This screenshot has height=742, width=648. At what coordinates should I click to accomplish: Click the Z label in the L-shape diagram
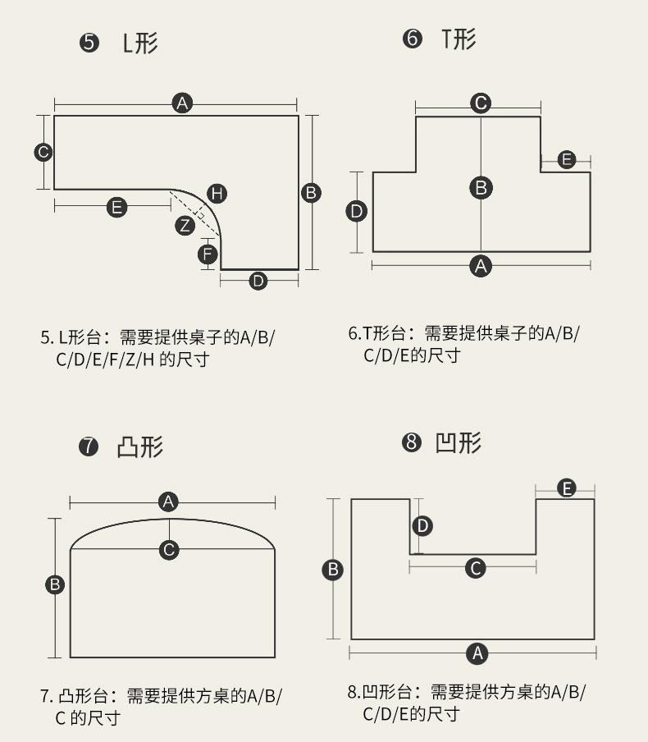pyautogui.click(x=185, y=225)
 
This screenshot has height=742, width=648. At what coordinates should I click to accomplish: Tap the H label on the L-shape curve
pyautogui.click(x=217, y=193)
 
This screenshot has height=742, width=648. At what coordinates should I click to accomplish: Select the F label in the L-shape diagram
pyautogui.click(x=208, y=254)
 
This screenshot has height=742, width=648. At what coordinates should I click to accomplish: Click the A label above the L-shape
pyautogui.click(x=182, y=103)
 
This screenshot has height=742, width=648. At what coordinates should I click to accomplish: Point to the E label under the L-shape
pyautogui.click(x=117, y=208)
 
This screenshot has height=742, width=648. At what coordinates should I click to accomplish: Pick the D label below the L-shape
pyautogui.click(x=258, y=281)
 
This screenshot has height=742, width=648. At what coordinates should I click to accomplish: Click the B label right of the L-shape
pyautogui.click(x=311, y=193)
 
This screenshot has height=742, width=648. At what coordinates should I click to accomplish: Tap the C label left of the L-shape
pyautogui.click(x=43, y=152)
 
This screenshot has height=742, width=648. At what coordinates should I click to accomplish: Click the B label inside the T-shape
pyautogui.click(x=481, y=187)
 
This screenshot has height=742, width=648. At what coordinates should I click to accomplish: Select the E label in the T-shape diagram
pyautogui.click(x=567, y=159)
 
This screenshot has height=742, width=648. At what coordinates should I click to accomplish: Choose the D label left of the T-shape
pyautogui.click(x=357, y=212)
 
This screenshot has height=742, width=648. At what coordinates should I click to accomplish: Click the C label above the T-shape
pyautogui.click(x=481, y=103)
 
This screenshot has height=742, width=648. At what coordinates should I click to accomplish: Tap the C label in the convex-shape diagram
pyautogui.click(x=169, y=549)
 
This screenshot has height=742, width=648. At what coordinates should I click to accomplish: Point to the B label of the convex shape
pyautogui.click(x=55, y=584)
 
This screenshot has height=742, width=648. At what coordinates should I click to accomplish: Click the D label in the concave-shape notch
pyautogui.click(x=422, y=525)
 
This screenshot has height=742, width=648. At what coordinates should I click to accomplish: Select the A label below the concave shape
pyautogui.click(x=477, y=653)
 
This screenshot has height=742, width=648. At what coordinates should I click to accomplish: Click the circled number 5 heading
pyautogui.click(x=89, y=43)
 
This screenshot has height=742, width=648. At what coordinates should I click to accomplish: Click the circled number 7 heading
pyautogui.click(x=89, y=447)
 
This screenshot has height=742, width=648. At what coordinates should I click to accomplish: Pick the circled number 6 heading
pyautogui.click(x=412, y=39)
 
